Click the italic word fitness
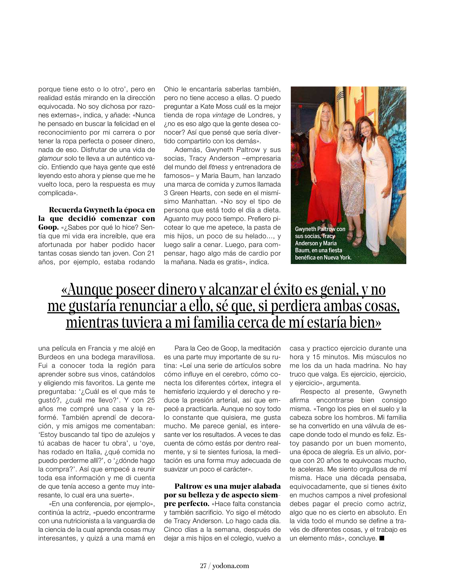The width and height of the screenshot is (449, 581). click(x=218, y=167)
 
